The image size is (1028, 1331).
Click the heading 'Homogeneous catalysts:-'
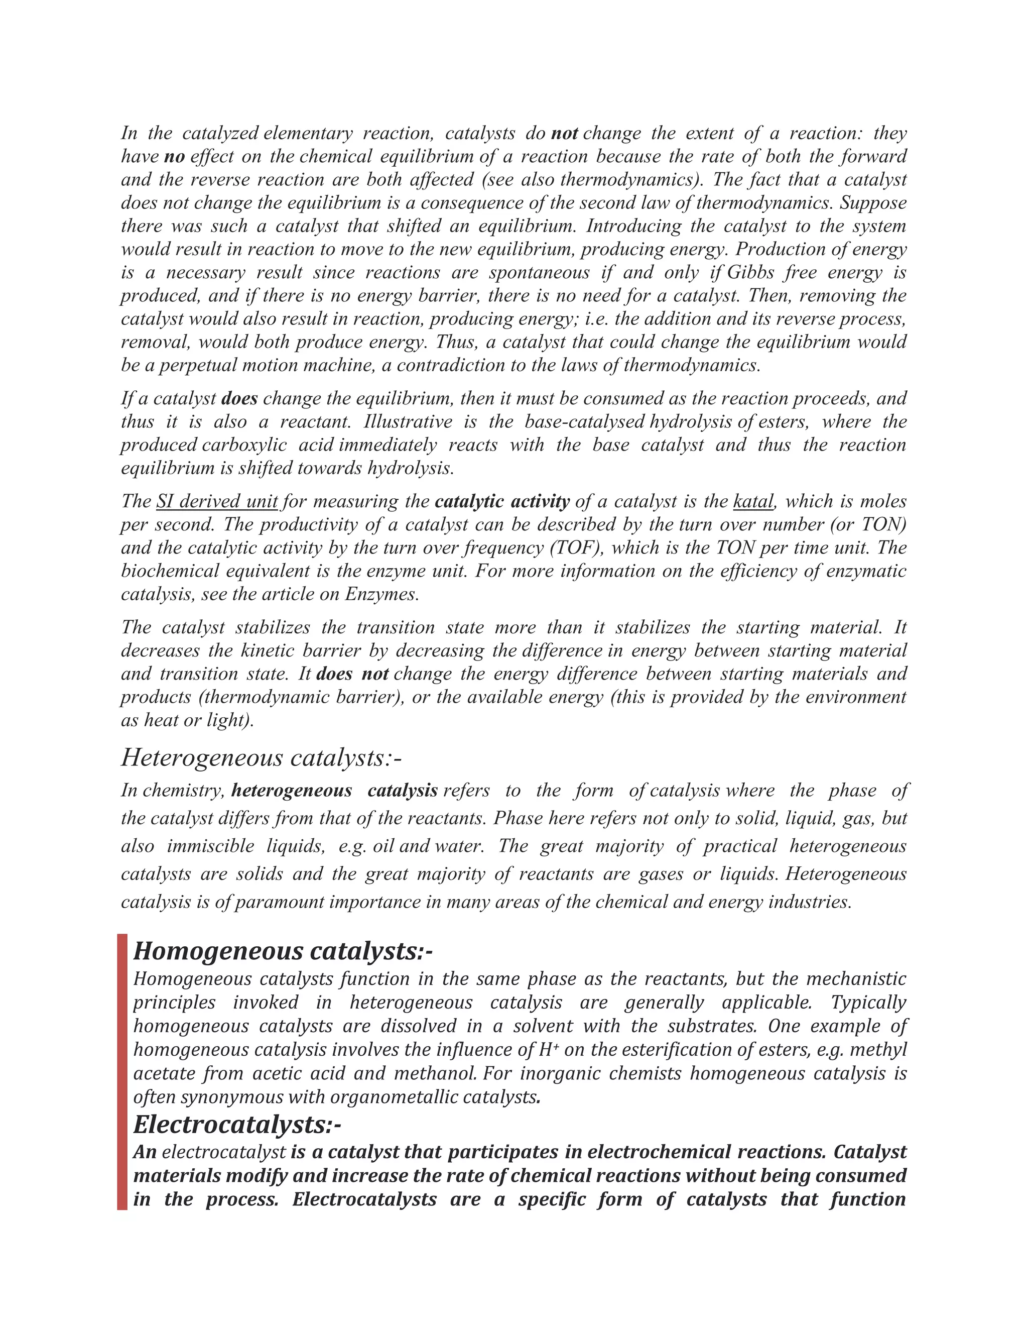point(283,951)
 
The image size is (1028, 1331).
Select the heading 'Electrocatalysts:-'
point(237,1125)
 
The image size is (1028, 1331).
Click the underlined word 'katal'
point(753,502)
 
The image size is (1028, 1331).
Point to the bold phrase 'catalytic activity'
point(502,502)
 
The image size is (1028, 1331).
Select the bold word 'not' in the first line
point(564,133)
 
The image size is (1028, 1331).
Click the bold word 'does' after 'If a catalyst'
point(239,399)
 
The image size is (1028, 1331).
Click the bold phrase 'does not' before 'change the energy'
point(352,674)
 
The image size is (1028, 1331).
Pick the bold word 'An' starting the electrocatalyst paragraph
point(145,1152)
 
